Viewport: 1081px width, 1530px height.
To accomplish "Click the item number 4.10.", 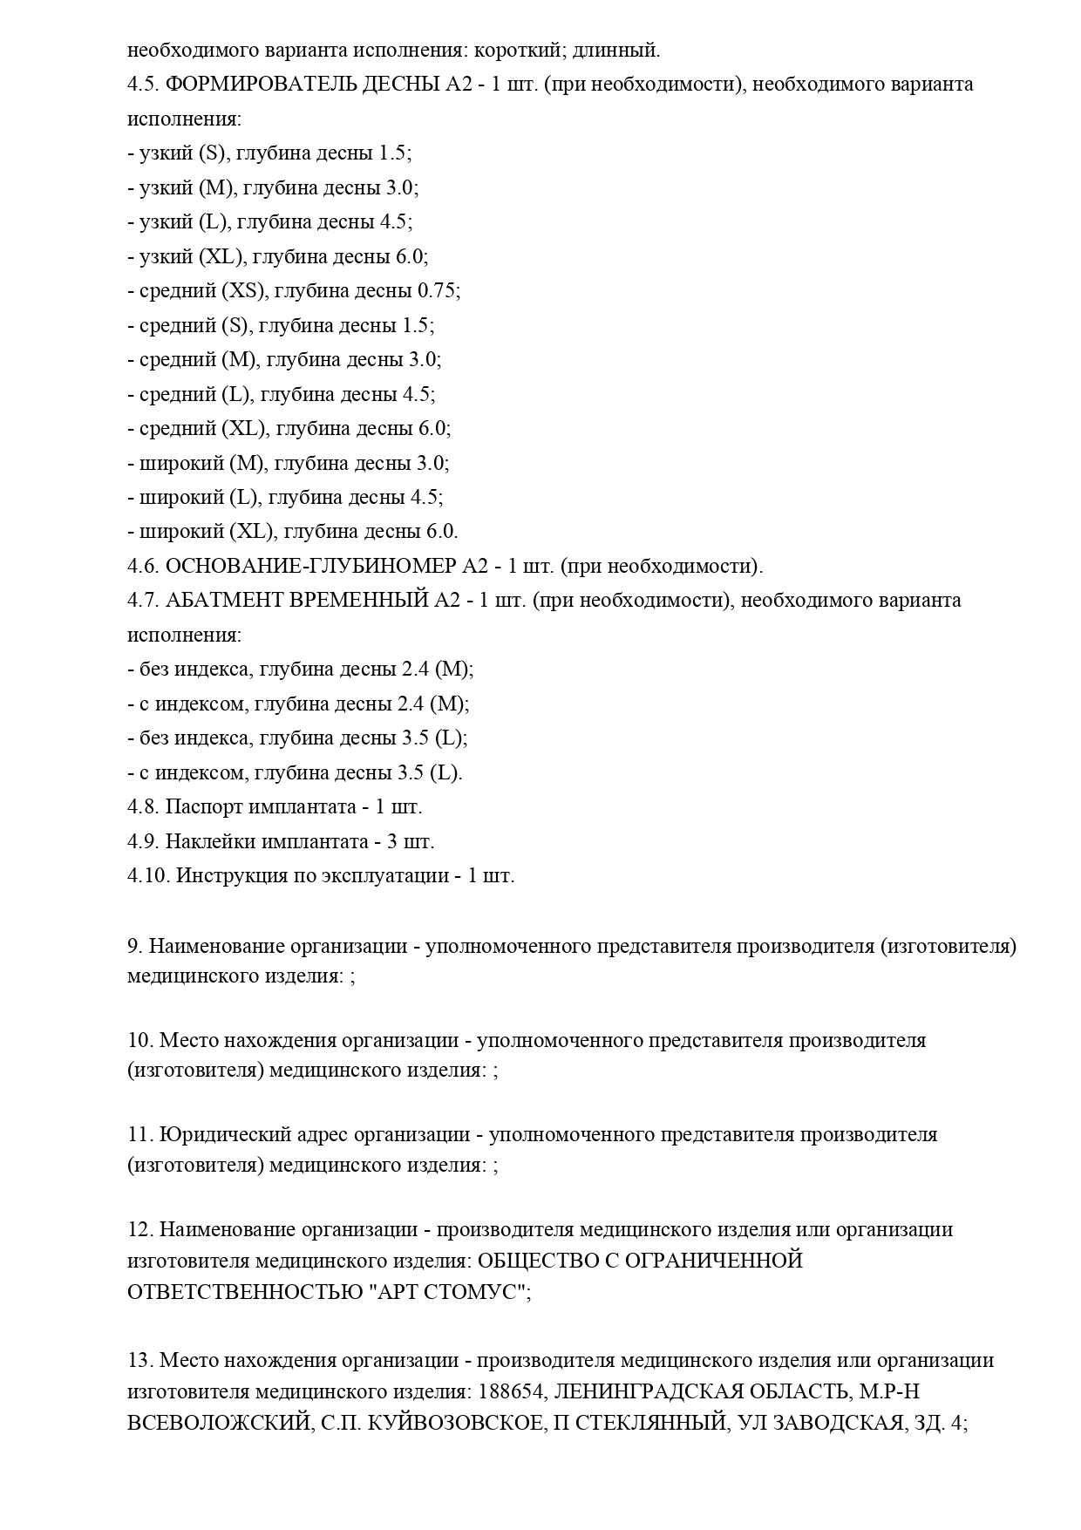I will [148, 876].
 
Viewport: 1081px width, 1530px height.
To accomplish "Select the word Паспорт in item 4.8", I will [204, 807].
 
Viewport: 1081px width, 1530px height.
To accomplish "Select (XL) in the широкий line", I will [252, 532].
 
